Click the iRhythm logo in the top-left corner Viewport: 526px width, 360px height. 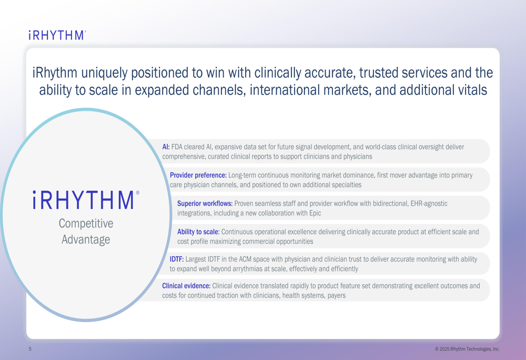(57, 35)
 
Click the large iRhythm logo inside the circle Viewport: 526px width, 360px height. (86, 200)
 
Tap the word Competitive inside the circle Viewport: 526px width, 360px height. (86, 223)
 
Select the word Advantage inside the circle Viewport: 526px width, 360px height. (86, 239)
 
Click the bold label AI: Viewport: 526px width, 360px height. (166, 147)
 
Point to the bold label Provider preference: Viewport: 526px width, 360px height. (198, 176)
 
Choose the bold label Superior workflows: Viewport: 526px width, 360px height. (205, 203)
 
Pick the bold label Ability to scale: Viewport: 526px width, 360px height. (198, 232)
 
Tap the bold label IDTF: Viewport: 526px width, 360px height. (176, 259)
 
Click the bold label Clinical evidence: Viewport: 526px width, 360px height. (186, 286)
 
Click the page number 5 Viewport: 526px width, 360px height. (30, 349)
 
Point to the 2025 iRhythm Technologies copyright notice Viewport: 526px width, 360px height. (467, 349)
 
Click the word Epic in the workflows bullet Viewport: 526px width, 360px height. (315, 213)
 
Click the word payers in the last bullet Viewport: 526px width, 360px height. (337, 296)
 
